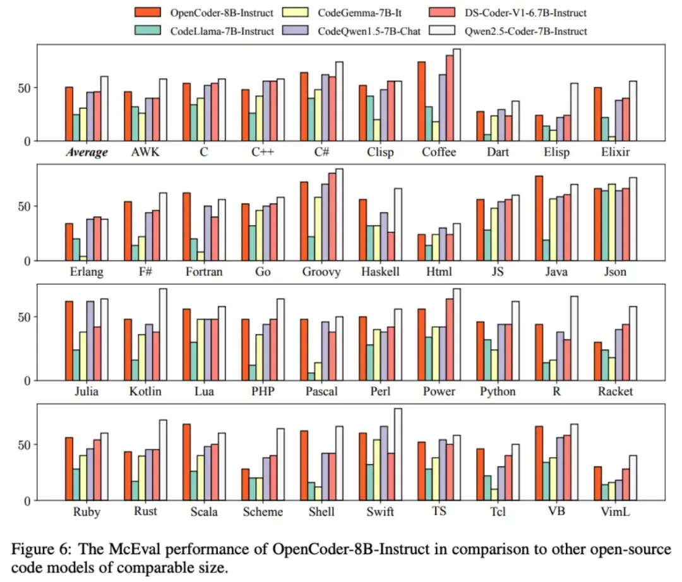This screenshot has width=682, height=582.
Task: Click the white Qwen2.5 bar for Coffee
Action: [457, 95]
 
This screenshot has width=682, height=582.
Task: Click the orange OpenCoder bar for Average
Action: [68, 114]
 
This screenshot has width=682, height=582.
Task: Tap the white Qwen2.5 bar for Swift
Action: [398, 454]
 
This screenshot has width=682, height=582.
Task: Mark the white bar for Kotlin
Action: [163, 335]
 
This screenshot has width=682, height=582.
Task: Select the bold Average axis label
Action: [88, 153]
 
